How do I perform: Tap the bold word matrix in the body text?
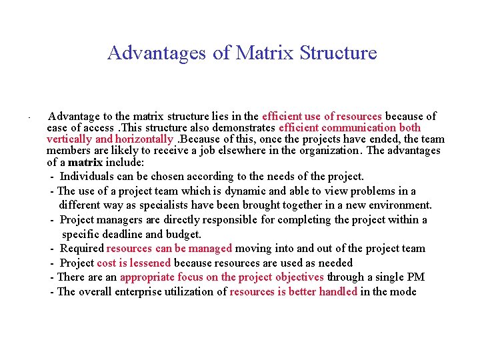point(85,162)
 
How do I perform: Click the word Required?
point(81,248)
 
